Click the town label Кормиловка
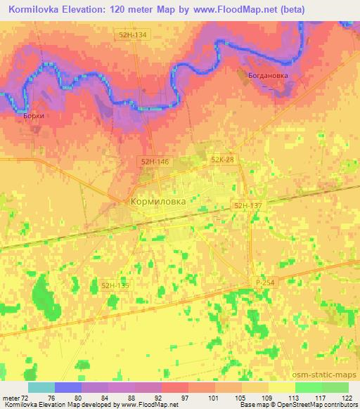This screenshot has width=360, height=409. [x=159, y=201]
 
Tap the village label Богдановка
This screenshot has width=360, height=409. [x=267, y=74]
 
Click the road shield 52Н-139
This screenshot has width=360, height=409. [x=115, y=285]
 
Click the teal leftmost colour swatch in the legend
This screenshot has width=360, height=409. [x=41, y=387]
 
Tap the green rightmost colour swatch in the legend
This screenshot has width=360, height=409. [x=335, y=387]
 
